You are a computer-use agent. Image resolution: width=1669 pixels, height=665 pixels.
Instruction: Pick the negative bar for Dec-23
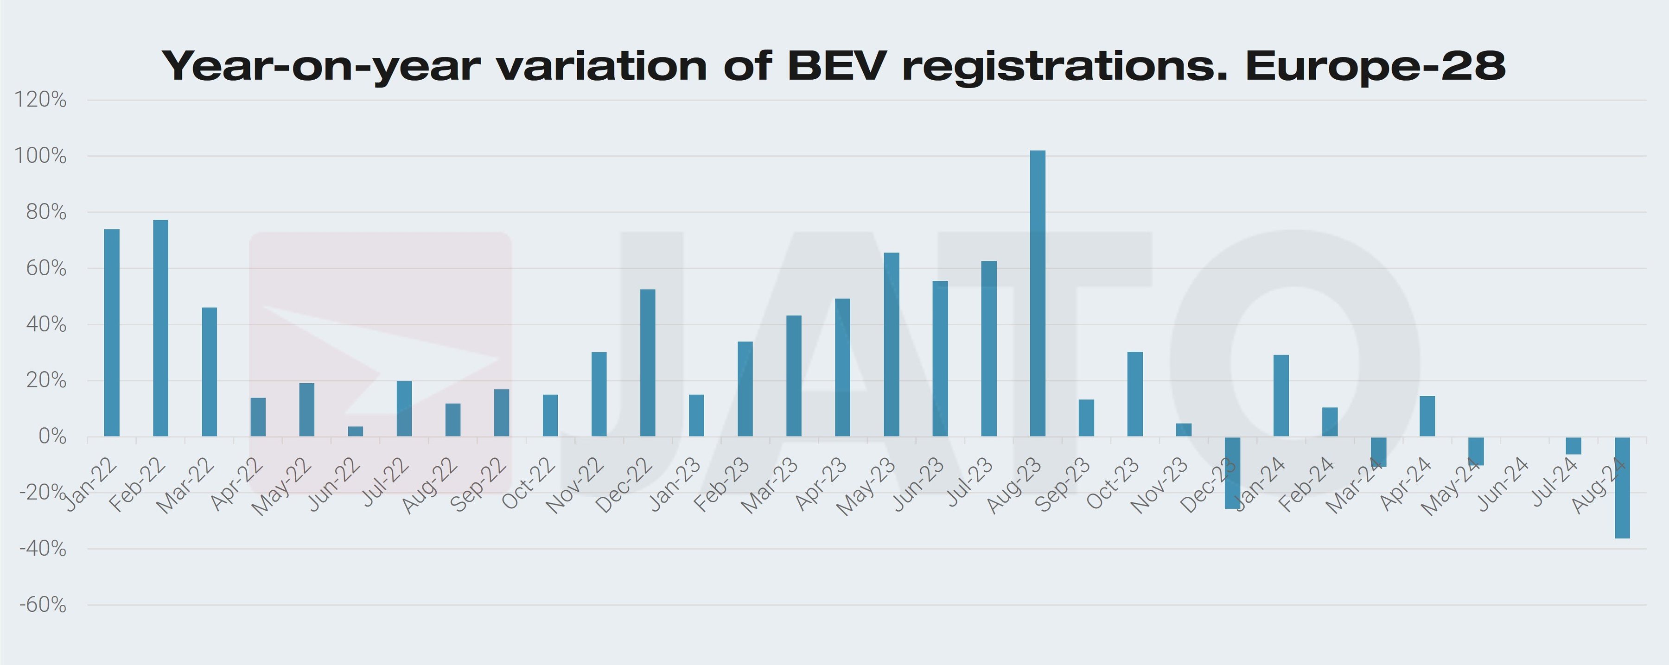1232,473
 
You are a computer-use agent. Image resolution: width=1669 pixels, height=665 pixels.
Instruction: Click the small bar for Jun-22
356,431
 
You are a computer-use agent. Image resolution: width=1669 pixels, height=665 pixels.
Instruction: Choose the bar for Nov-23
1184,430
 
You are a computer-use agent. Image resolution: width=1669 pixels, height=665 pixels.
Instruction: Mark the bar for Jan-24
1281,396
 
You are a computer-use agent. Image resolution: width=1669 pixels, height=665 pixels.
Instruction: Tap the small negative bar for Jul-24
1573,445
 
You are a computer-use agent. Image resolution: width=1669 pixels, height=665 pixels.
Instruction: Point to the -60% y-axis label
43,605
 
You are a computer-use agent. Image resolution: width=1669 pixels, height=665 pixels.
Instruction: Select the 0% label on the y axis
52,437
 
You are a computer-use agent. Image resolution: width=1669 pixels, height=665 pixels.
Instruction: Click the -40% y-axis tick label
43,549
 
